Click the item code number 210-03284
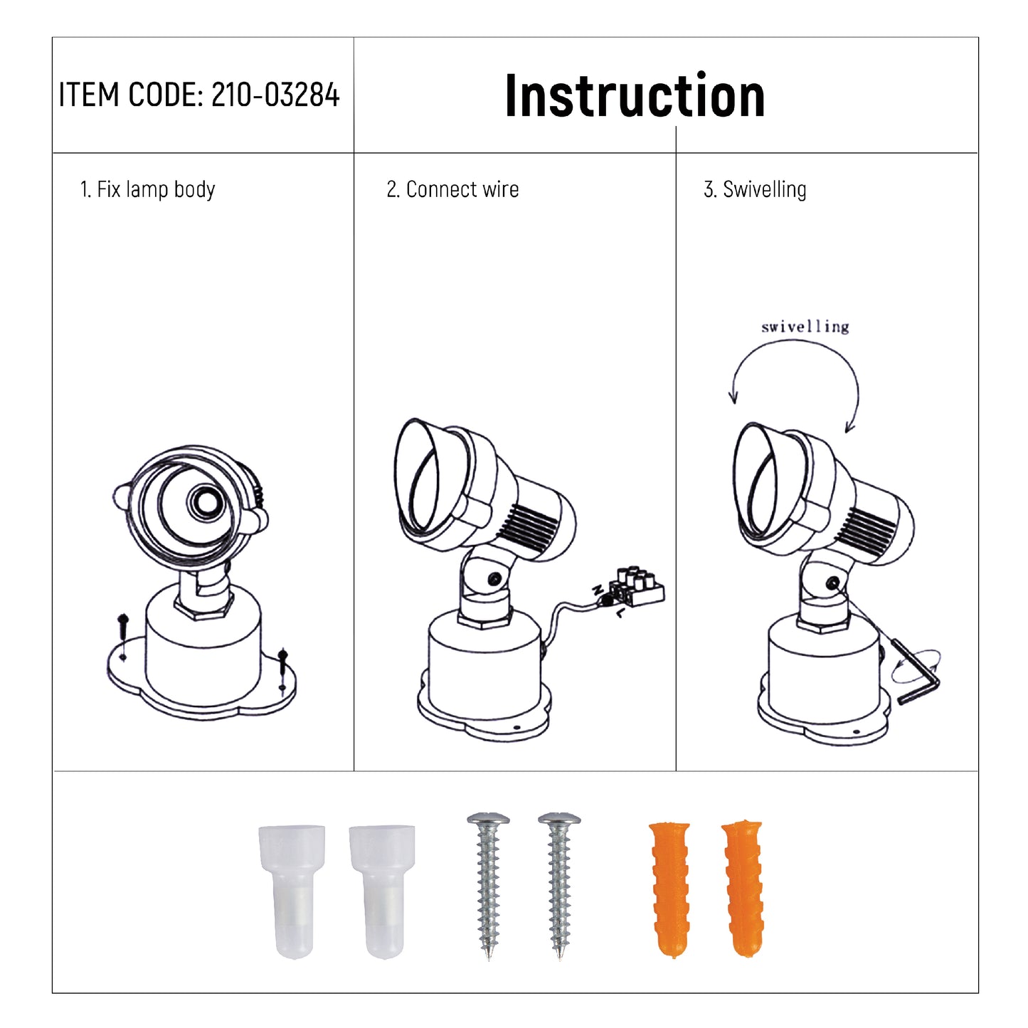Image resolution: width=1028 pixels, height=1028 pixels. pyautogui.click(x=275, y=95)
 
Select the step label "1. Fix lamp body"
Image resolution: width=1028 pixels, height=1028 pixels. pyautogui.click(x=147, y=189)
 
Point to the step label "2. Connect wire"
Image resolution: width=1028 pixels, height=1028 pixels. pyautogui.click(x=452, y=189)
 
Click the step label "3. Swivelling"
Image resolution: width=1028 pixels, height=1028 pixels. pyautogui.click(x=755, y=189)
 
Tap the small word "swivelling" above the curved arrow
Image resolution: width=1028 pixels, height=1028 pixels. pyautogui.click(x=805, y=327)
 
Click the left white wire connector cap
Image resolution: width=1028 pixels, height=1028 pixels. pyautogui.click(x=291, y=891)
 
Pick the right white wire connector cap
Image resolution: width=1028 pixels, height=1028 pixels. pyautogui.click(x=382, y=891)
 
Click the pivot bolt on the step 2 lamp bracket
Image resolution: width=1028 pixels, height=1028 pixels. pyautogui.click(x=496, y=579)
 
